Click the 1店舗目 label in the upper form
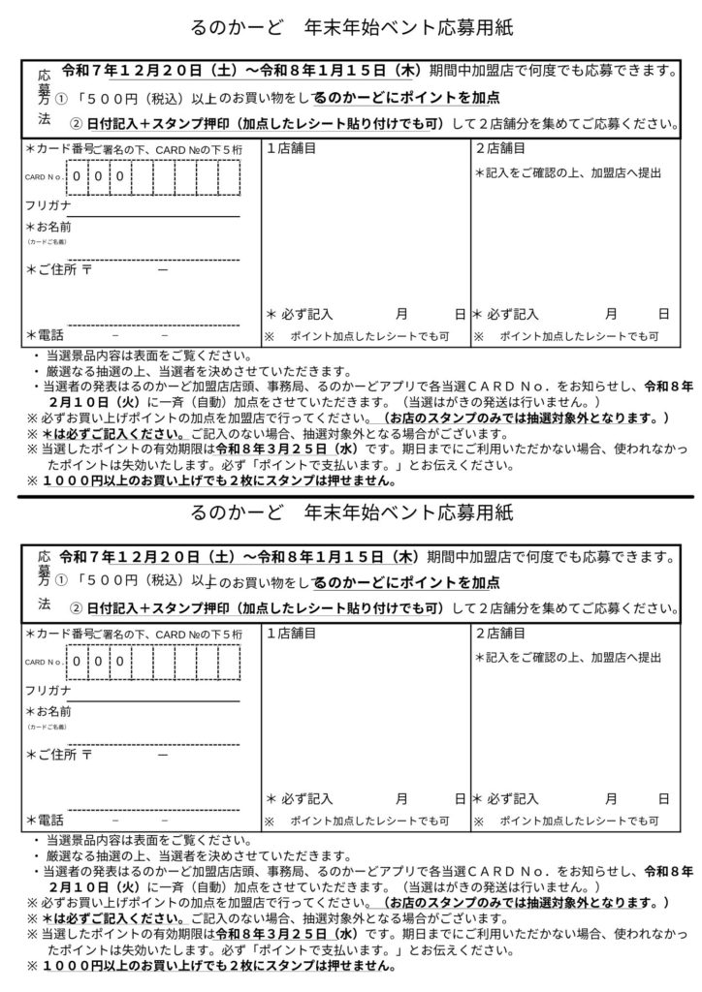coord(291,149)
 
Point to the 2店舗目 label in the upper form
coord(500,149)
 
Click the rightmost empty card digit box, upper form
coord(229,177)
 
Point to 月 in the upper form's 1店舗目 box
coord(401,314)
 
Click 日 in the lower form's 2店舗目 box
coord(663,799)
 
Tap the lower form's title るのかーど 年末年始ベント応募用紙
coord(351,511)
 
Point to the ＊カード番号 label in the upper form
coord(57,149)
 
